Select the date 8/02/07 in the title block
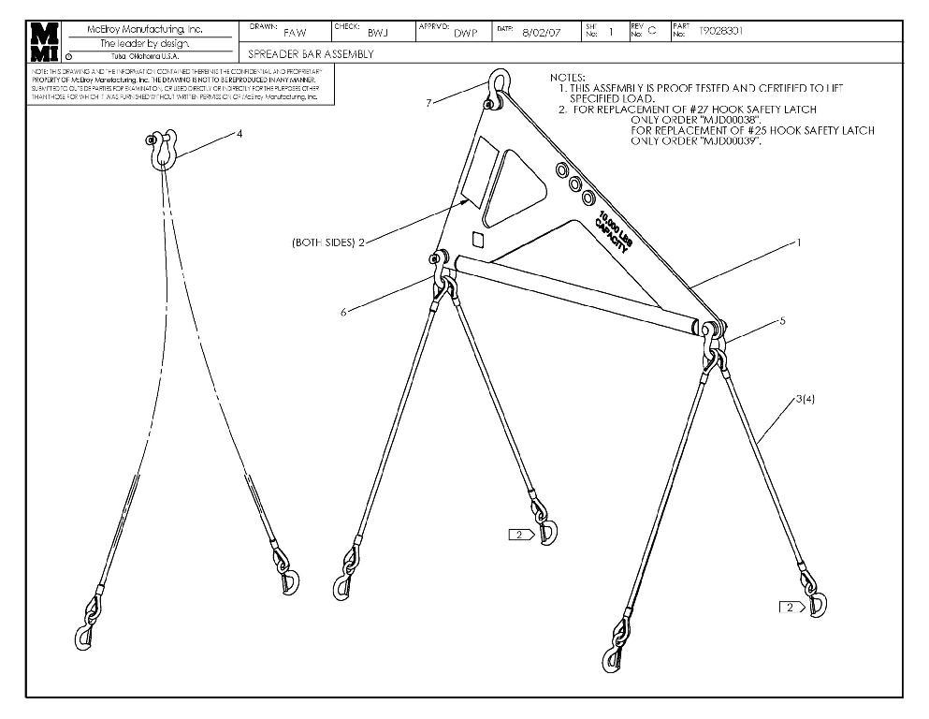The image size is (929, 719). pyautogui.click(x=541, y=32)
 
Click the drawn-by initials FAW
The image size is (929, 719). pyautogui.click(x=294, y=33)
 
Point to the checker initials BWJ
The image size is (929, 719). pyautogui.click(x=377, y=33)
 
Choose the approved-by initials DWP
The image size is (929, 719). pyautogui.click(x=465, y=33)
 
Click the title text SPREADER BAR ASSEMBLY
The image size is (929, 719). pyautogui.click(x=311, y=54)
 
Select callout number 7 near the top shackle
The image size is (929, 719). pyautogui.click(x=428, y=102)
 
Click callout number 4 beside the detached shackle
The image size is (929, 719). pyautogui.click(x=240, y=134)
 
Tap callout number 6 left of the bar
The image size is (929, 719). pyautogui.click(x=343, y=312)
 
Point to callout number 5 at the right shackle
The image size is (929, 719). pyautogui.click(x=782, y=320)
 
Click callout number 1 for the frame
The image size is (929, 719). pyautogui.click(x=798, y=242)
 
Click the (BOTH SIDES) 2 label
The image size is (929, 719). pyautogui.click(x=327, y=242)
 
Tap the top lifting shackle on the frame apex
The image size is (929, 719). pyautogui.click(x=495, y=85)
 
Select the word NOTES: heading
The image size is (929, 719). pyautogui.click(x=567, y=77)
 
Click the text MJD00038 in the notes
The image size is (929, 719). pyautogui.click(x=698, y=120)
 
